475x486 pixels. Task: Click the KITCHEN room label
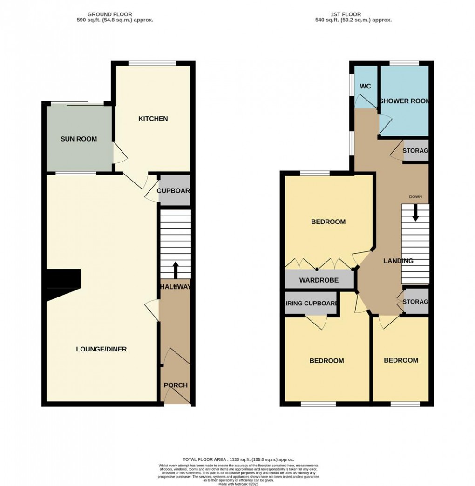[153, 119]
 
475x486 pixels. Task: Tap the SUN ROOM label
[79, 139]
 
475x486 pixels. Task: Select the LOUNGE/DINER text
[102, 349]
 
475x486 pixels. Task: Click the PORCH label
[176, 385]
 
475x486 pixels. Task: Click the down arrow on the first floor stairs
[415, 214]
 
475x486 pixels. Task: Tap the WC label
[365, 87]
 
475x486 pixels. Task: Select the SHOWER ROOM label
[404, 101]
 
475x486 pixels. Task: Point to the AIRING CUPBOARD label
[311, 304]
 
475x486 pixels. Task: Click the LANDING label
[398, 261]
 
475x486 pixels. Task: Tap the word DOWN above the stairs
[415, 197]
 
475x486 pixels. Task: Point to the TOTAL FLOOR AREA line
[237, 459]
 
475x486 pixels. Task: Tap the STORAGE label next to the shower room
[415, 151]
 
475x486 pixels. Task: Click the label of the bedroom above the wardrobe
[328, 222]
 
